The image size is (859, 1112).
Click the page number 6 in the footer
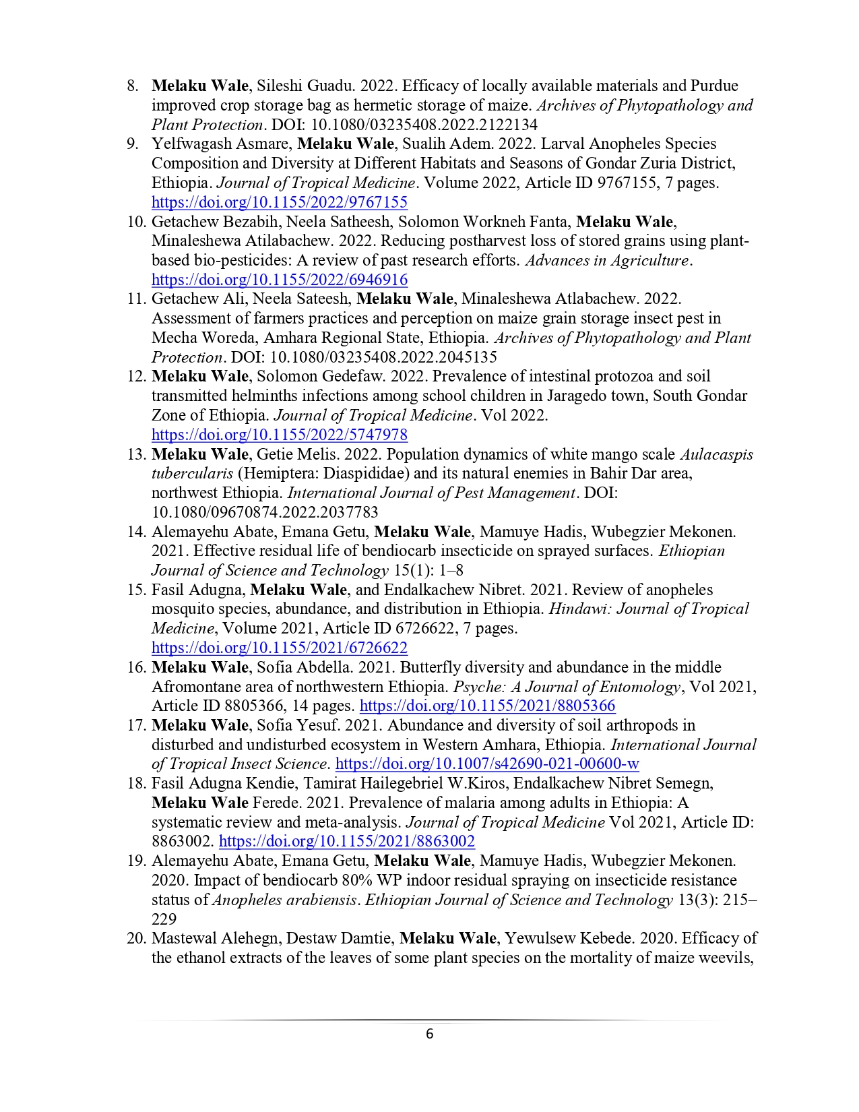pos(429,1034)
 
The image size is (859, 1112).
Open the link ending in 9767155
pos(279,202)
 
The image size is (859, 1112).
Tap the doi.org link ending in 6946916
pos(279,280)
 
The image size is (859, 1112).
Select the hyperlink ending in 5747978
pos(279,435)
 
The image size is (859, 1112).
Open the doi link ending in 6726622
pos(279,648)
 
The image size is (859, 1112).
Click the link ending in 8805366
pos(487,706)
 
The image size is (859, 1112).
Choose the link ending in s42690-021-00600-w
pos(486,764)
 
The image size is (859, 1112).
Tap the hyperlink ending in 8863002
pos(346,841)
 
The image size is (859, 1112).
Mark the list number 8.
pos(133,86)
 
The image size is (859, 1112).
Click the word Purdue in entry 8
pos(713,86)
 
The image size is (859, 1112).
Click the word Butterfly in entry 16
pos(428,667)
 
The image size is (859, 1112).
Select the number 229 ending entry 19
pos(164,919)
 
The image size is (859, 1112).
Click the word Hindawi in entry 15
pos(579,609)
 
